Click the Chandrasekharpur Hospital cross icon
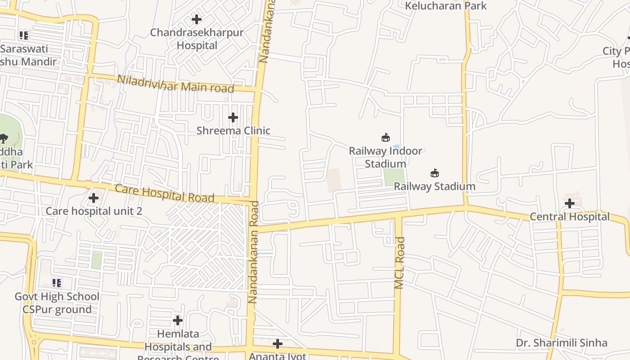(x=197, y=19)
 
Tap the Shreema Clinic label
(x=233, y=131)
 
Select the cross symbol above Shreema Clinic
(x=233, y=117)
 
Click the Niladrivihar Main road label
(x=175, y=84)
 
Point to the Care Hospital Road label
(x=164, y=193)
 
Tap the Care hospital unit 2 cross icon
(x=94, y=198)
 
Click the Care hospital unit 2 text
(x=94, y=211)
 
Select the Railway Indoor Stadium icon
(x=386, y=137)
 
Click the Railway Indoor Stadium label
(x=386, y=157)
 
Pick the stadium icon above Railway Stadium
(x=435, y=173)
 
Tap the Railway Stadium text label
(x=435, y=186)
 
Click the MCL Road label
(x=400, y=263)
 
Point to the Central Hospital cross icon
(x=570, y=203)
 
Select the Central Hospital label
(x=570, y=217)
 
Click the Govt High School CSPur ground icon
(x=57, y=283)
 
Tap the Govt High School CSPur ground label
(x=57, y=303)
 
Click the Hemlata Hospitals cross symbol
(x=178, y=320)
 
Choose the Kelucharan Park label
(x=446, y=6)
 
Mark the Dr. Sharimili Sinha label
(x=562, y=343)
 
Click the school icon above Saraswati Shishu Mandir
(x=24, y=35)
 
